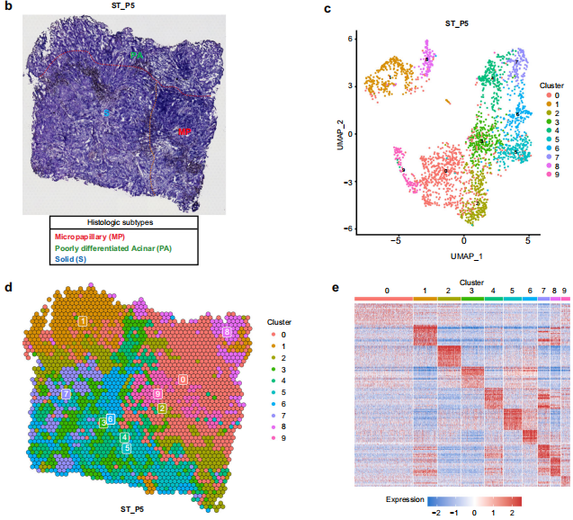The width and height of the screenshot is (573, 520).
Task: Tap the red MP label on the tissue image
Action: [x=184, y=131]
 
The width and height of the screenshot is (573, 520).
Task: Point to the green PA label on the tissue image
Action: [x=136, y=56]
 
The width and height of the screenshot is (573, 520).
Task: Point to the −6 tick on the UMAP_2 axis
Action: [x=349, y=229]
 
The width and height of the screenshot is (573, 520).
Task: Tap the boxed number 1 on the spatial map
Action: [x=82, y=321]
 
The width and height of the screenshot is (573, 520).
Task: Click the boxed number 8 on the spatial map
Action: [x=227, y=333]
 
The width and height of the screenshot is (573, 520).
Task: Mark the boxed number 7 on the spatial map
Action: [x=66, y=394]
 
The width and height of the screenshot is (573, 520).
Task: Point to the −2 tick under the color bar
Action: [x=435, y=509]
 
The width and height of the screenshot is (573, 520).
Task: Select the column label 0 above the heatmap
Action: [x=387, y=291]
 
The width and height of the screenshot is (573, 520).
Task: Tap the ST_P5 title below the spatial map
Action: [x=134, y=509]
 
